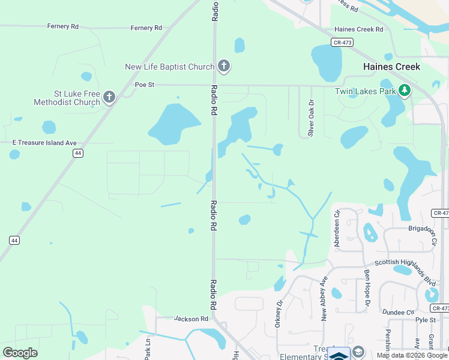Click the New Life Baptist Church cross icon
click(224, 67)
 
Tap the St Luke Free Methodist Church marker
click(109, 97)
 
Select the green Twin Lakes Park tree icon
click(405, 91)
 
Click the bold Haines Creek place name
click(391, 67)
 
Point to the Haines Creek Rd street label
click(358, 29)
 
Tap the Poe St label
click(144, 85)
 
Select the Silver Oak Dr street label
click(311, 118)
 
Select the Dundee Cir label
click(399, 313)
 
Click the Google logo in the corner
click(20, 353)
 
